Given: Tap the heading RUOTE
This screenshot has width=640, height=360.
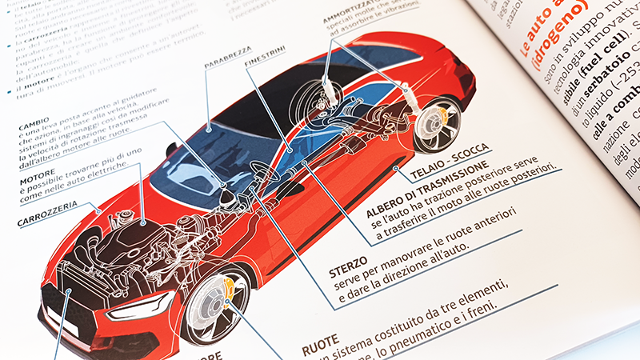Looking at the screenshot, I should [321, 349].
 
